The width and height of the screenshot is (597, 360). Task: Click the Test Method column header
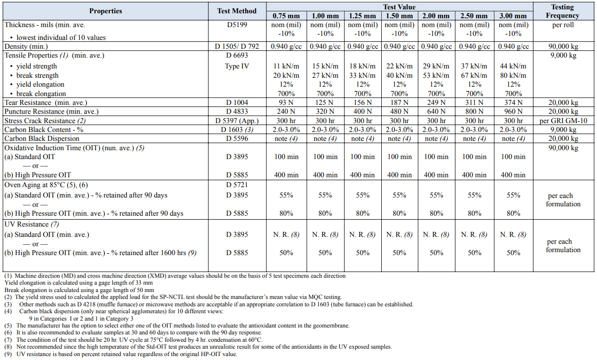click(237, 11)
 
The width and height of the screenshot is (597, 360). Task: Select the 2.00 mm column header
click(436, 16)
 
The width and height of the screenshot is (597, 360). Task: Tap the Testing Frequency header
click(563, 11)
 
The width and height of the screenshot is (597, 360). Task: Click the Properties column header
click(105, 11)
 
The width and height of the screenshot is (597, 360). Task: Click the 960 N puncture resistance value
click(513, 111)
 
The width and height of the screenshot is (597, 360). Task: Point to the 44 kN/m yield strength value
click(513, 66)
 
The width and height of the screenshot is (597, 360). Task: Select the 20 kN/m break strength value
click(286, 75)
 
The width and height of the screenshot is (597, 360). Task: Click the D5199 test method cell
click(237, 25)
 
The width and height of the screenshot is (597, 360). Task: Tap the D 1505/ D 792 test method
click(237, 46)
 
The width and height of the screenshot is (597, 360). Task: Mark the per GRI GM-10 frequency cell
click(563, 121)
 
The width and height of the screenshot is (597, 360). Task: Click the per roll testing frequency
click(563, 25)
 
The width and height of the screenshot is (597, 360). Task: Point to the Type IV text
click(237, 66)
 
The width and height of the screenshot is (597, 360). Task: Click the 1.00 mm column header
click(325, 16)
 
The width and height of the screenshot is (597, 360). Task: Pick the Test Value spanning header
click(399, 7)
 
